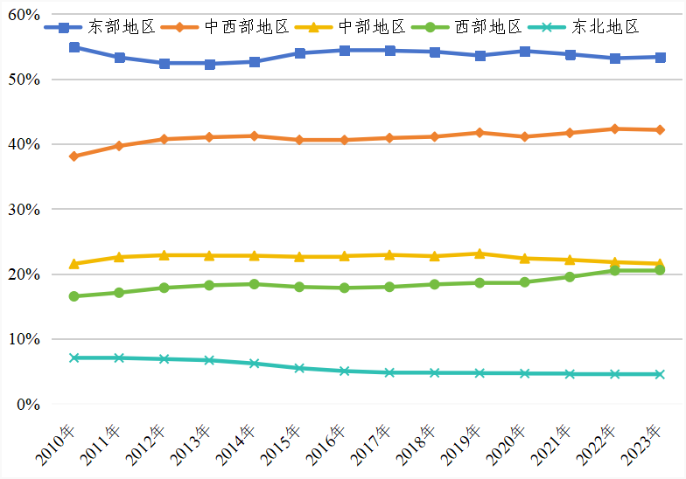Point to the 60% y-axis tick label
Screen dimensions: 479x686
(24, 15)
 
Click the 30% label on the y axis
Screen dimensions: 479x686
(24, 210)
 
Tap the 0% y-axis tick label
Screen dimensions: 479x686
(28, 405)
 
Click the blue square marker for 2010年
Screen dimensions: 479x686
(74, 47)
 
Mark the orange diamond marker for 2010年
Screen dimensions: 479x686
(74, 156)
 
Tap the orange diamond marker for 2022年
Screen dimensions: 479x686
(614, 128)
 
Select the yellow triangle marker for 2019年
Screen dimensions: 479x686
(479, 253)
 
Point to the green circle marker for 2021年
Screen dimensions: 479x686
(570, 277)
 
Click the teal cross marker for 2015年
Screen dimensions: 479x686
(299, 368)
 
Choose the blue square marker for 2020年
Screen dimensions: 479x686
(524, 52)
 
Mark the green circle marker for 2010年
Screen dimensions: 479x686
(74, 296)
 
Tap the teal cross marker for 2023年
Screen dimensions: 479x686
(660, 374)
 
